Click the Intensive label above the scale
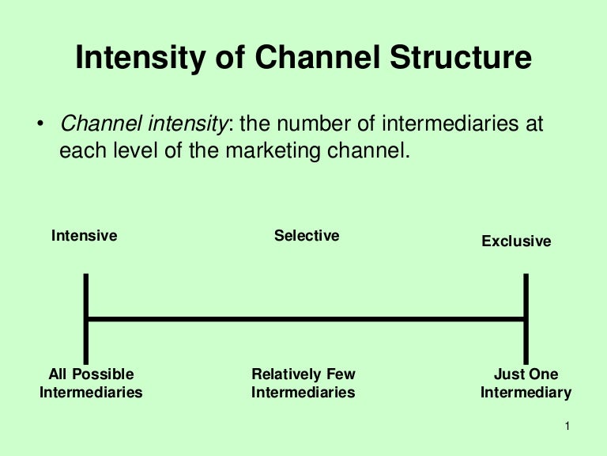pyautogui.click(x=84, y=236)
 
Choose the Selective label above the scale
pyautogui.click(x=307, y=236)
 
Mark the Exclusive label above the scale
pyautogui.click(x=516, y=241)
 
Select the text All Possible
pyautogui.click(x=91, y=374)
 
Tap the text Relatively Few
pyautogui.click(x=303, y=374)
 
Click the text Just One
pyautogui.click(x=526, y=374)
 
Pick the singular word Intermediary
pyautogui.click(x=526, y=393)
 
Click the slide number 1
pyautogui.click(x=567, y=427)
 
